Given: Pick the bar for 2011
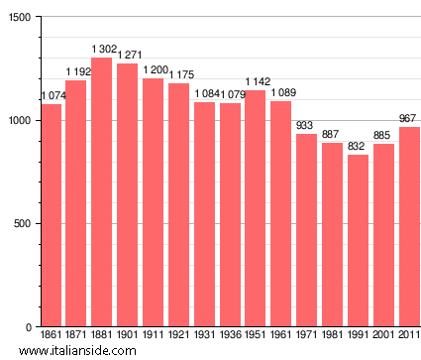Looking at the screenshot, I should tap(409, 227).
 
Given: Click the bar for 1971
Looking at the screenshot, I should tap(307, 230).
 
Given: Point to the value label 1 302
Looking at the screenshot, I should tap(104, 49).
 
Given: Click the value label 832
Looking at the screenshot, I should tap(358, 146).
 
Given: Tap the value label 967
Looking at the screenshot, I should tap(408, 118).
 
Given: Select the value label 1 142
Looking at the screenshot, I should tap(258, 81).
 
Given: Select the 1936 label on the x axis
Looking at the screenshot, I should tap(230, 336).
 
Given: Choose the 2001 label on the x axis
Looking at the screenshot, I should tap(383, 336).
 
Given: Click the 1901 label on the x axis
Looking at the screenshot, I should tap(128, 336).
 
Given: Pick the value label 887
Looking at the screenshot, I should tap(332, 135).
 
